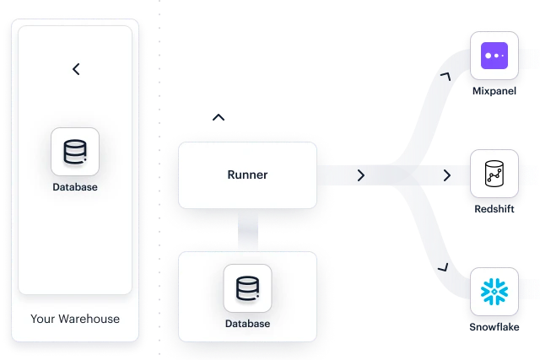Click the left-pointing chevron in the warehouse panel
point(76,69)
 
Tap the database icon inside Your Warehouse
point(75,152)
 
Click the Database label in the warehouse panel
point(75,187)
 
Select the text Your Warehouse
point(75,319)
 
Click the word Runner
point(247,175)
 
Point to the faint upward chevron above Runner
point(219,117)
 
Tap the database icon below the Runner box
point(247,288)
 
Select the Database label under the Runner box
point(247,324)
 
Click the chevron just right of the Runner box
point(361,175)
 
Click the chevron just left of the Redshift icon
point(447,175)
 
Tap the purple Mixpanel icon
point(494,56)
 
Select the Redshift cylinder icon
point(494,175)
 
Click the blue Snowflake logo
point(494,292)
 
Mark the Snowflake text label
point(494,325)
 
